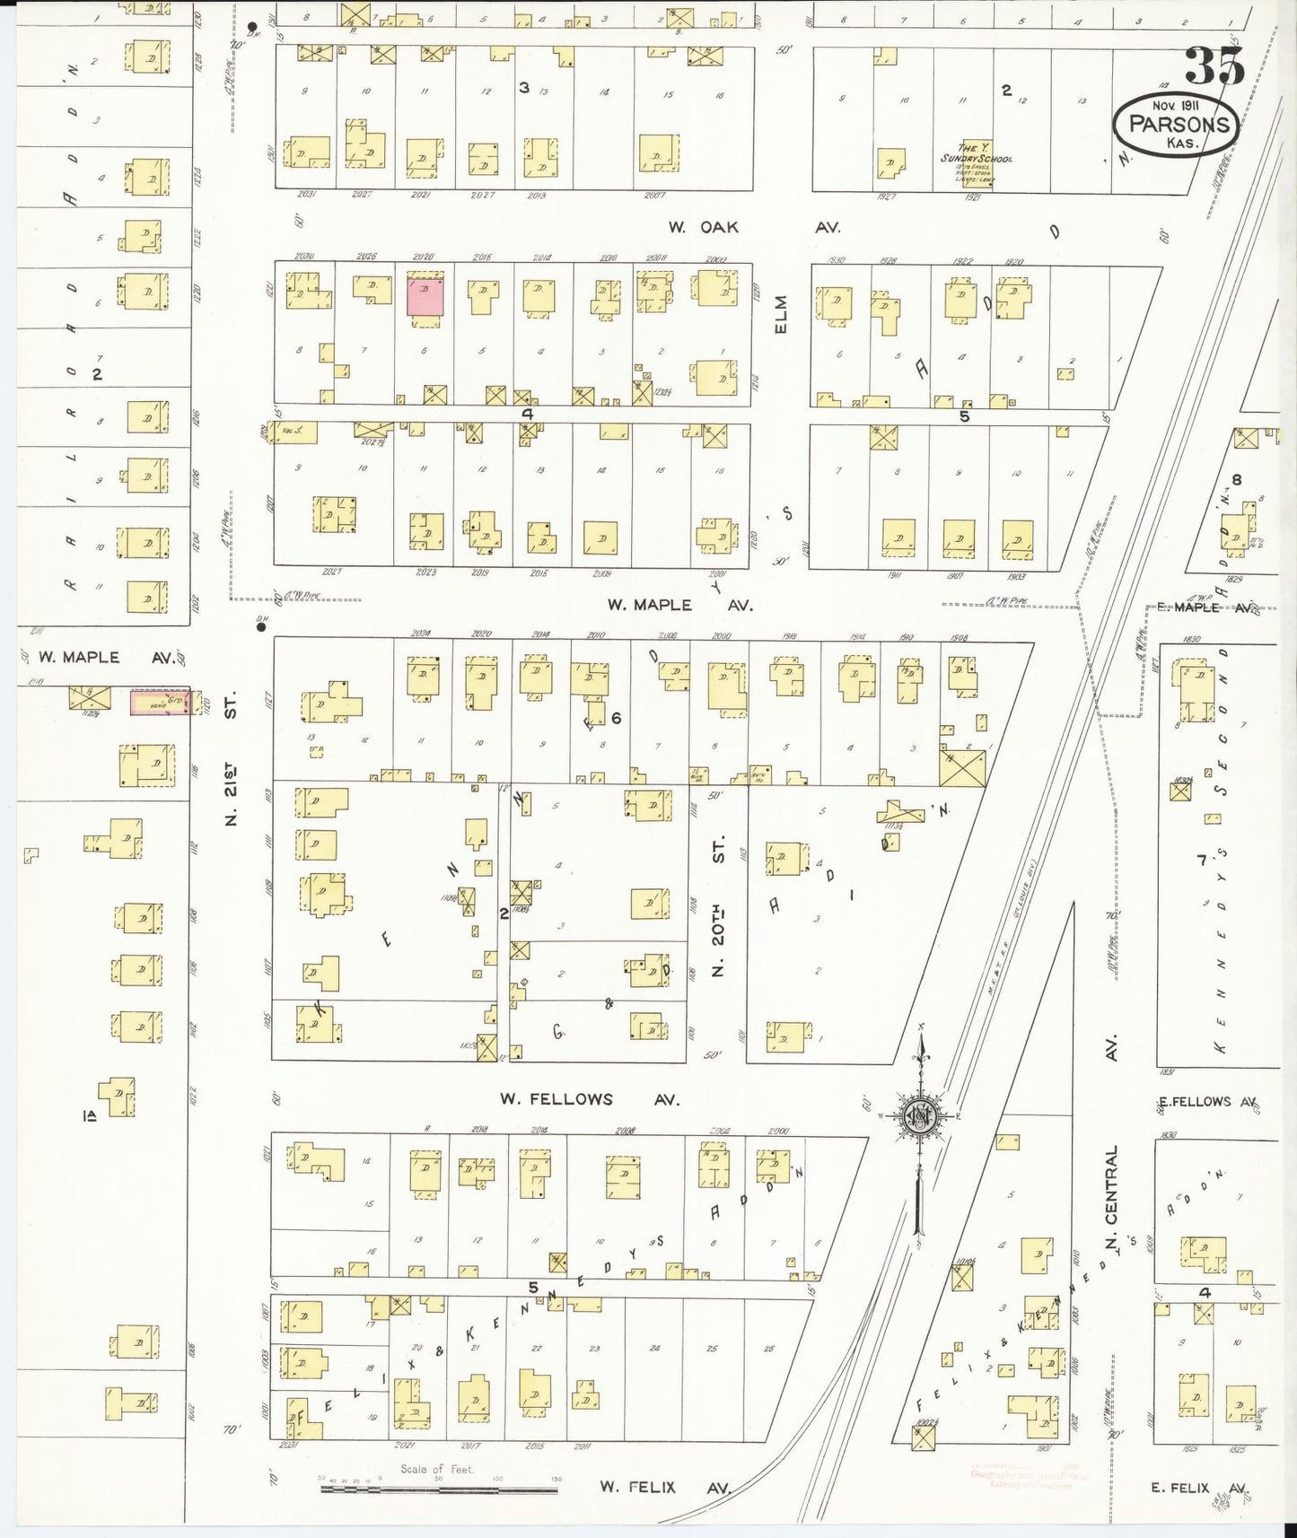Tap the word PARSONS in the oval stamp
(1177, 124)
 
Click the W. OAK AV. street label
(754, 228)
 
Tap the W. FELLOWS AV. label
(589, 1098)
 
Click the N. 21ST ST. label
(231, 756)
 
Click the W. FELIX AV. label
(665, 1487)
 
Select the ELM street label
(781, 315)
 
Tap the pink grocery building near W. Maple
(160, 703)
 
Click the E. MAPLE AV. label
(1203, 607)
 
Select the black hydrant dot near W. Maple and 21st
(261, 627)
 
